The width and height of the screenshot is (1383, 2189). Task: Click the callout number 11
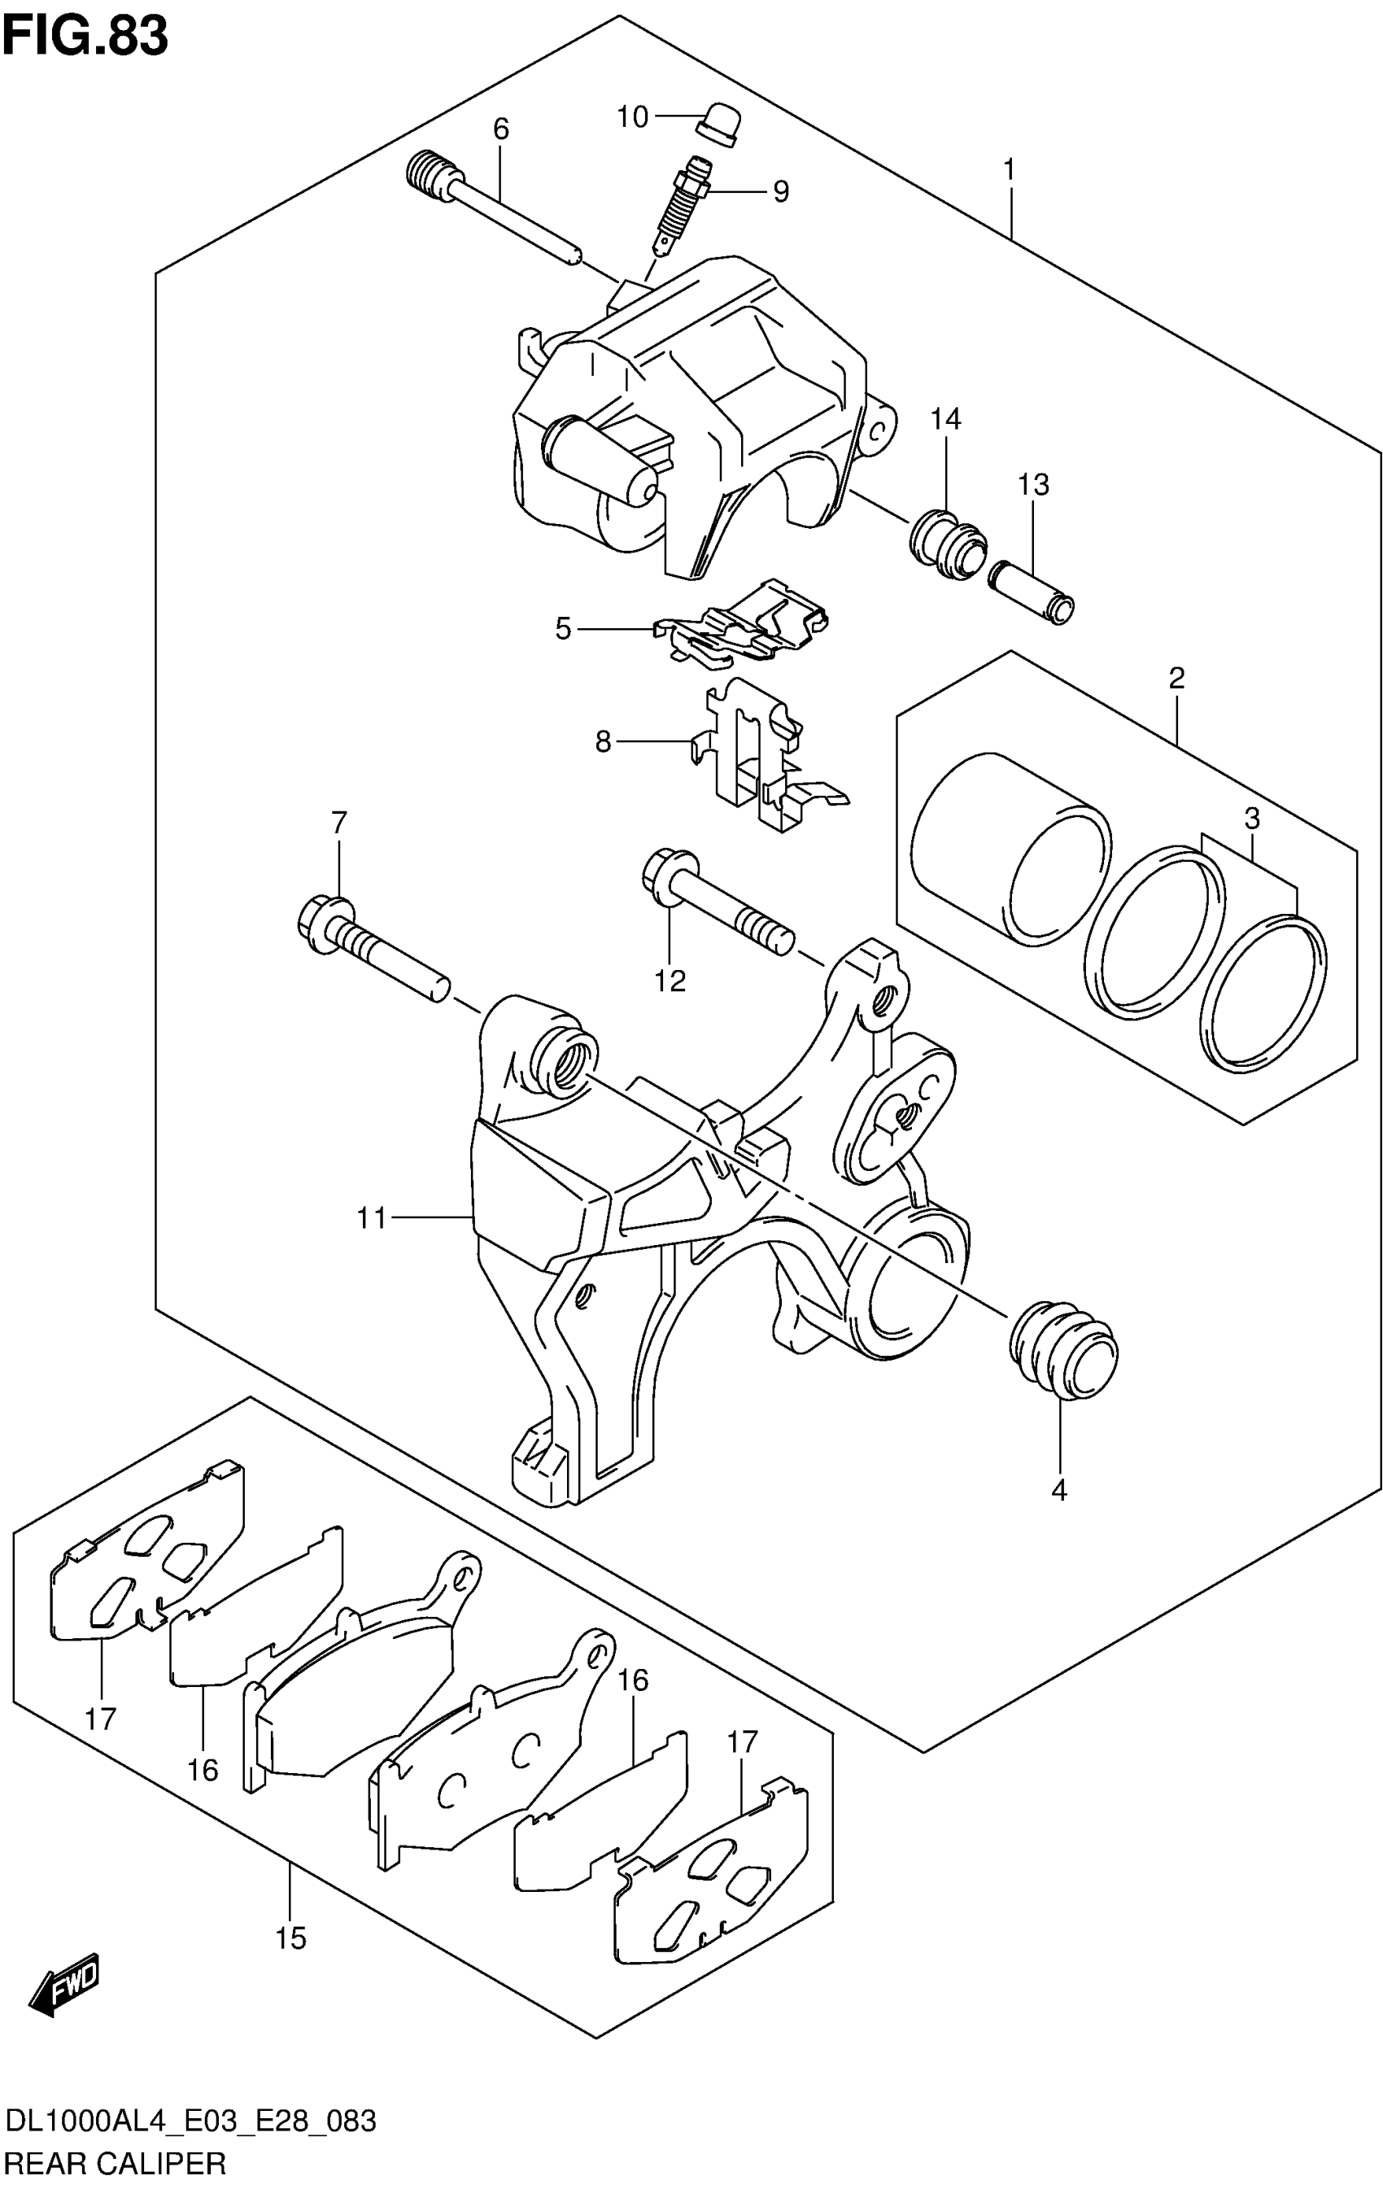372,1218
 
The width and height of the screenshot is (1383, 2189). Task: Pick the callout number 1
1008,171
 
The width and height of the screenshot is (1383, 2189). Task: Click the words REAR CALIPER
116,2163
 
